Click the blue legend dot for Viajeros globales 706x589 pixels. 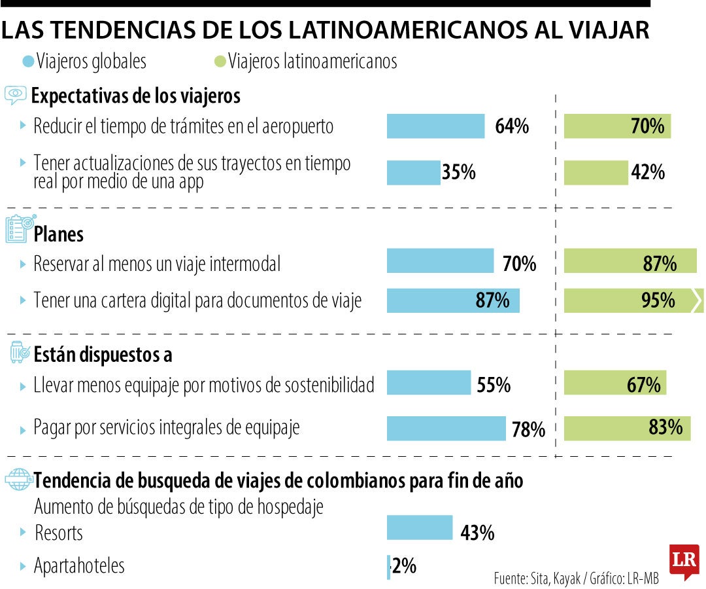[28, 62]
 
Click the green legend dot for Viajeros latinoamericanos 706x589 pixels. [220, 62]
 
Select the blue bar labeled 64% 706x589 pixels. [435, 126]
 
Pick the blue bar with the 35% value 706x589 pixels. [413, 173]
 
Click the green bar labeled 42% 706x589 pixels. [596, 173]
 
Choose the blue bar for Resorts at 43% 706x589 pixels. [419, 527]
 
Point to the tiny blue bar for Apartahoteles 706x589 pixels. [388, 567]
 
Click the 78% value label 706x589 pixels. [528, 430]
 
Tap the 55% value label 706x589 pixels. [494, 385]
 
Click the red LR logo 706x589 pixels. [684, 561]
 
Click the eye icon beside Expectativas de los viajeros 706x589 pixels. [16, 96]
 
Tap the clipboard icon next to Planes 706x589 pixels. [18, 230]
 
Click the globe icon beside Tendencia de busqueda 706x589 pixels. [18, 480]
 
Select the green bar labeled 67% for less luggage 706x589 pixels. [615, 383]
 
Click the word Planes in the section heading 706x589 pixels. [59, 234]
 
